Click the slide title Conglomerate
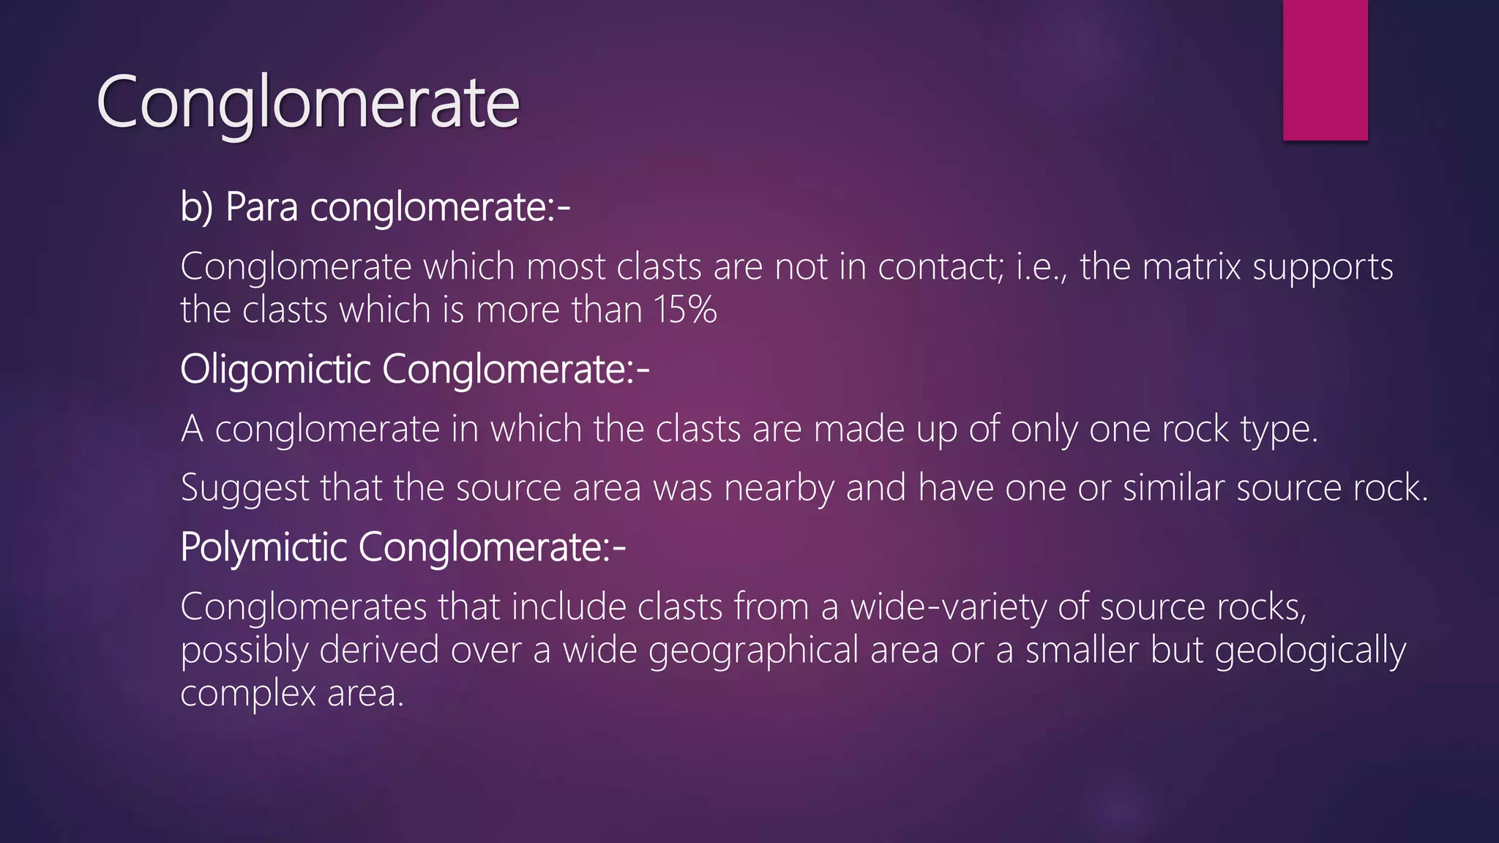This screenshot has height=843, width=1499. point(307,102)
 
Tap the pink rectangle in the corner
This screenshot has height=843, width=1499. point(1325,70)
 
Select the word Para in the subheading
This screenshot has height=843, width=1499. point(261,207)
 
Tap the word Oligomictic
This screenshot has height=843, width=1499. point(275,370)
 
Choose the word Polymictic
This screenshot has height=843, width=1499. point(263,547)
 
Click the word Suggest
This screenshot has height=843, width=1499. point(244,489)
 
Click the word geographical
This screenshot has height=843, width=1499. point(753,651)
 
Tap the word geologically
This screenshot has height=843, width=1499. point(1310,651)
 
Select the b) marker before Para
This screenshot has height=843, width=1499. point(196,207)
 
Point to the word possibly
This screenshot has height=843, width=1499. point(244,651)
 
